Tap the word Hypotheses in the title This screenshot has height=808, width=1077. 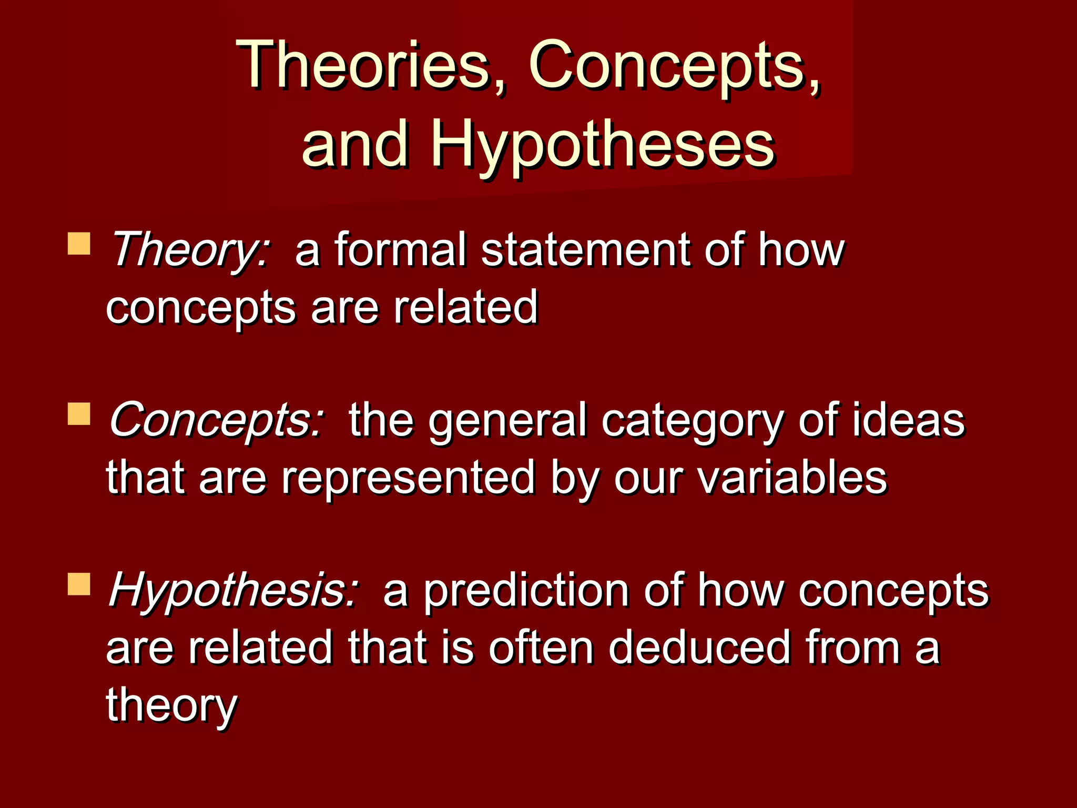click(x=603, y=145)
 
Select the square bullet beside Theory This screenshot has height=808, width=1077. click(x=79, y=244)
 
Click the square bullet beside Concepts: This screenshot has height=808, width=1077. click(x=79, y=414)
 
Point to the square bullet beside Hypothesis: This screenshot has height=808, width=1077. click(x=79, y=584)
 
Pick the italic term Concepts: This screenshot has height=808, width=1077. click(x=216, y=420)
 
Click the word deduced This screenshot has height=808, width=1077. click(x=700, y=648)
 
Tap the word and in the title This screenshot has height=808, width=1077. click(x=355, y=145)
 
